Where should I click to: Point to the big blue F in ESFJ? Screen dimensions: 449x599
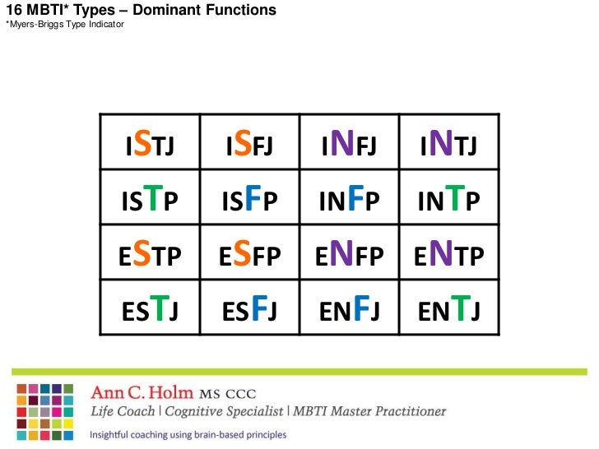coord(258,308)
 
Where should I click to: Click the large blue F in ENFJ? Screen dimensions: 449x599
coord(357,308)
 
